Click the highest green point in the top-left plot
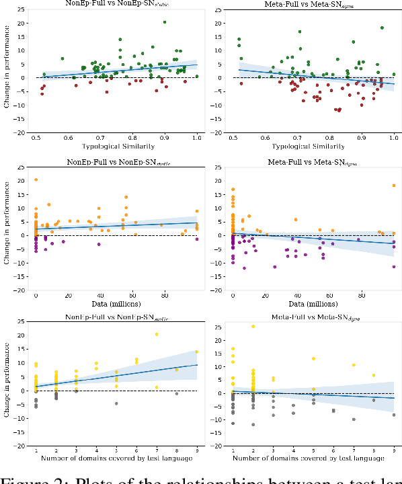(165, 22)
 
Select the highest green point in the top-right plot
(382, 28)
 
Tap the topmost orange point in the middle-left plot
(36, 179)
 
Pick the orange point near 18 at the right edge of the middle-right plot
(394, 186)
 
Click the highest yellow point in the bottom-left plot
(157, 334)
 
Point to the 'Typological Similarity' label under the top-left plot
(116, 145)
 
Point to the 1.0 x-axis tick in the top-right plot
(394, 136)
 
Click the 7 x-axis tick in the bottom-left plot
(157, 450)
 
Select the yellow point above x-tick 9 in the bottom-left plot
(197, 352)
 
